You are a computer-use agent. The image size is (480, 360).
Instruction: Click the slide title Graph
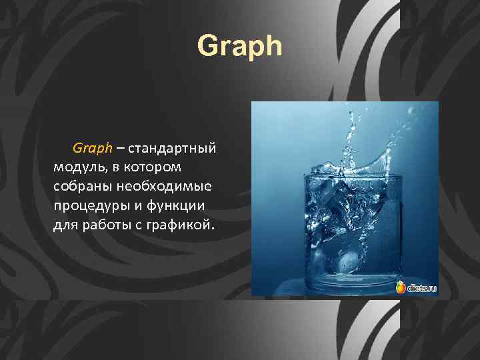[240, 47]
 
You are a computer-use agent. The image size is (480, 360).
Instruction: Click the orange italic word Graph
[93, 146]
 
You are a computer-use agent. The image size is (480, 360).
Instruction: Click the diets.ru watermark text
[421, 287]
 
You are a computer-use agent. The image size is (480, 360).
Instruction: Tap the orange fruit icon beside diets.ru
[401, 287]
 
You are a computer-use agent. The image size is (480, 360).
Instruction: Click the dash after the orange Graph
[121, 146]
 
